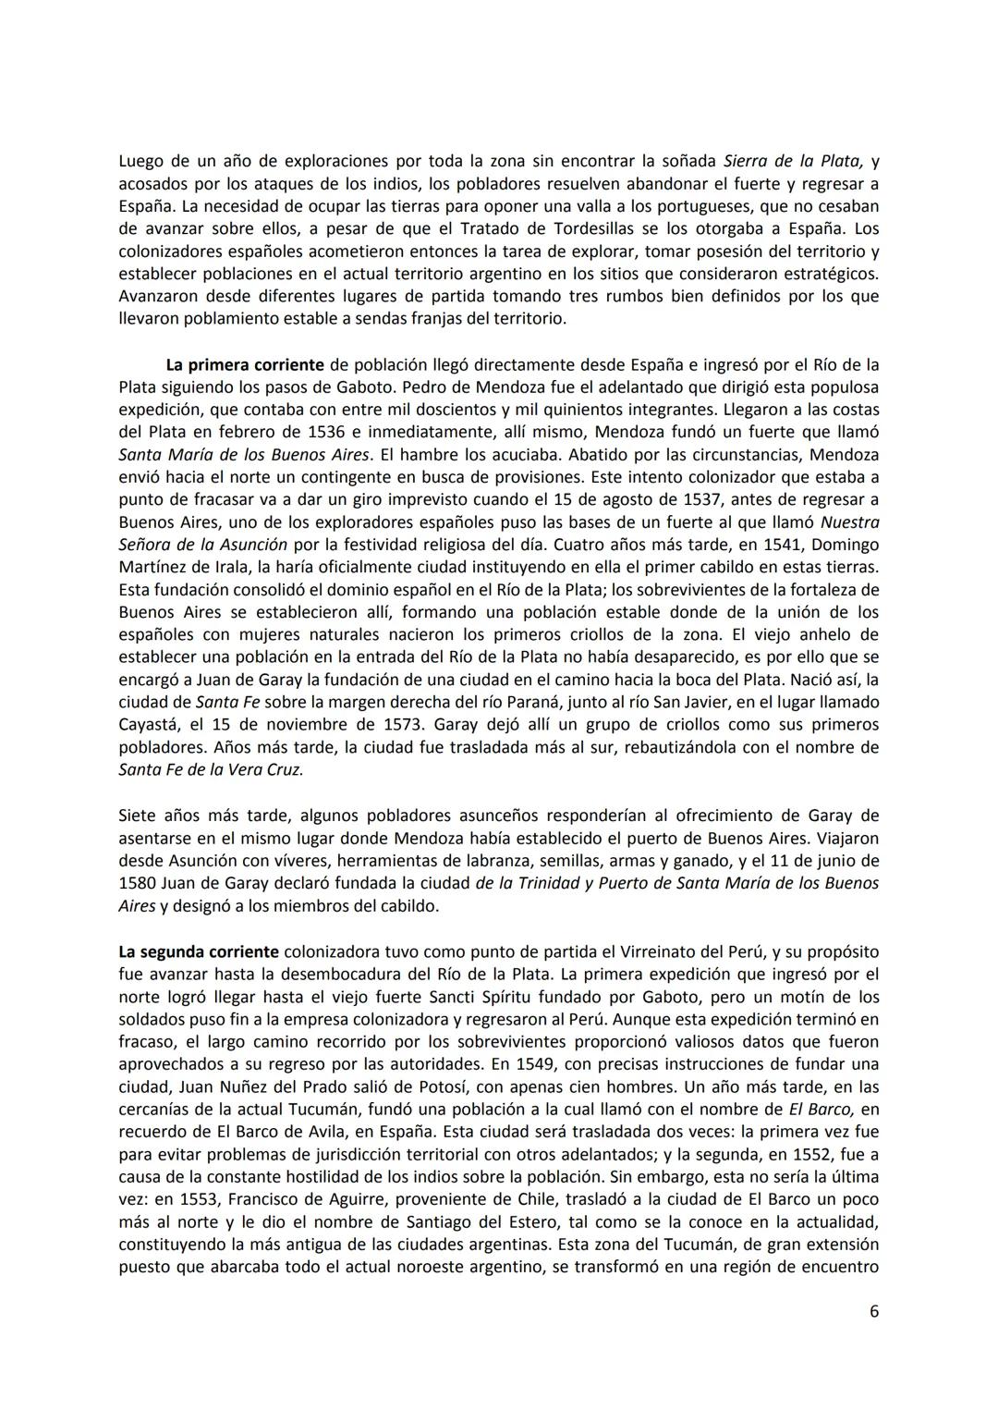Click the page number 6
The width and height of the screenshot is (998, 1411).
(873, 1311)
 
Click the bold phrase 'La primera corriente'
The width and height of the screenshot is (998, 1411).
(245, 364)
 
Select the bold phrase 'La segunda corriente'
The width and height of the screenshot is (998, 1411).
(199, 951)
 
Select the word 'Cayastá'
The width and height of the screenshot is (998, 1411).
(149, 724)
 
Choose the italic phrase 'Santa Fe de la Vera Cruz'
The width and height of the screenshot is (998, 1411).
(211, 769)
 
